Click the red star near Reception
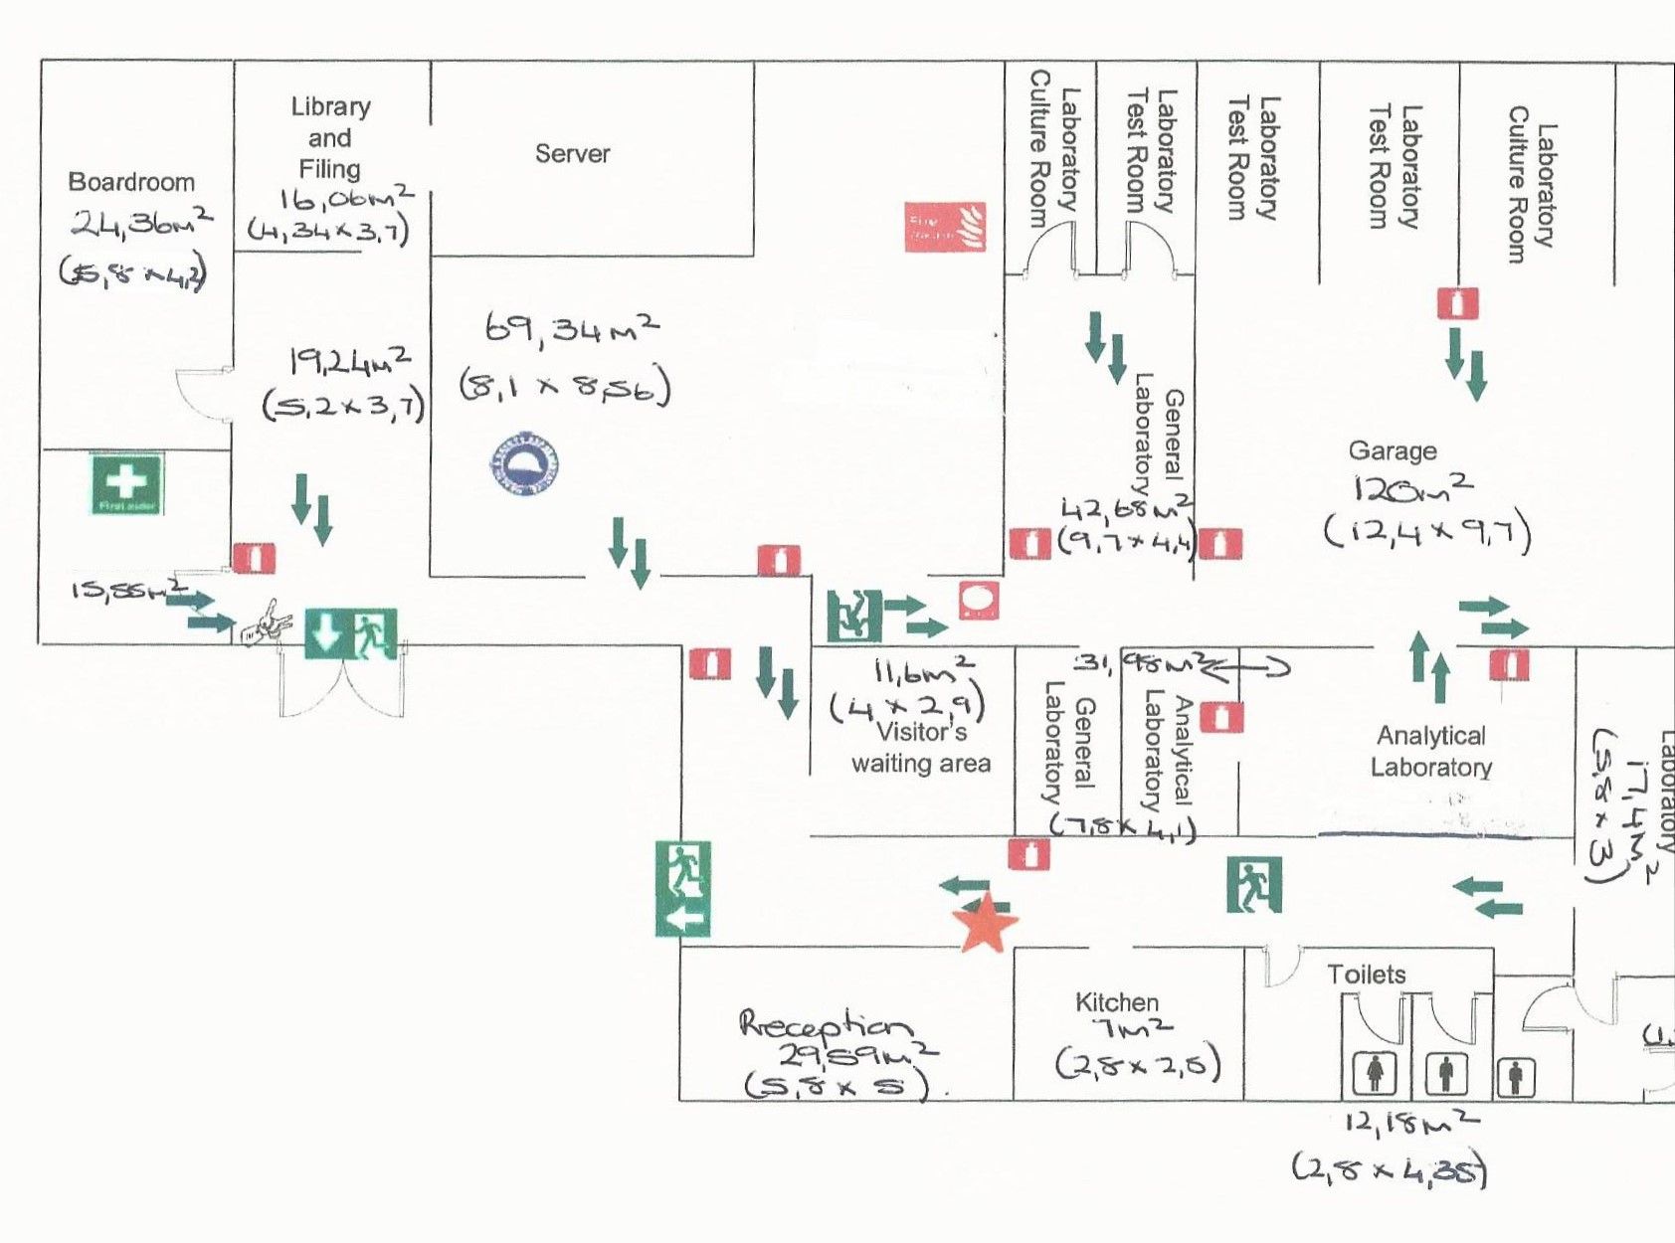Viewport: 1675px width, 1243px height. pyautogui.click(x=985, y=923)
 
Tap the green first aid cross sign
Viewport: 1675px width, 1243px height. pyautogui.click(x=126, y=483)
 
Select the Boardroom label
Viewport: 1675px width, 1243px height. pyautogui.click(x=131, y=182)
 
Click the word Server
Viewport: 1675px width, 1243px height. pyautogui.click(x=572, y=153)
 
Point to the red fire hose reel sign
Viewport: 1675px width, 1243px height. pyautogui.click(x=945, y=227)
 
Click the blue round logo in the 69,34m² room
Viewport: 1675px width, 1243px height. pyautogui.click(x=524, y=464)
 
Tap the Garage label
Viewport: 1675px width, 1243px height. pyautogui.click(x=1392, y=450)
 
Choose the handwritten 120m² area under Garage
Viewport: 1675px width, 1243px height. pyautogui.click(x=1412, y=488)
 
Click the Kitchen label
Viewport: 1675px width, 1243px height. pyautogui.click(x=1116, y=1001)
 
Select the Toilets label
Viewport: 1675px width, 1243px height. pyautogui.click(x=1366, y=975)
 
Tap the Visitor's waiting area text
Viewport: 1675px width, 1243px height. pyautogui.click(x=921, y=748)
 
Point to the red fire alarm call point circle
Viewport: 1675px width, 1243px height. pyautogui.click(x=979, y=601)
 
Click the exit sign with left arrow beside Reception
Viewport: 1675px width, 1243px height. pyautogui.click(x=683, y=889)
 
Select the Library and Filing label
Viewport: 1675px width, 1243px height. pyautogui.click(x=330, y=137)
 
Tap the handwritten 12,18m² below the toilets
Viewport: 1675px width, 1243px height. pyautogui.click(x=1410, y=1122)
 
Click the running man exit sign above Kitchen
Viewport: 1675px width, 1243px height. pyautogui.click(x=1254, y=884)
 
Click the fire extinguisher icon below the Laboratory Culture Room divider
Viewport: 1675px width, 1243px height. pyautogui.click(x=1457, y=302)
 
